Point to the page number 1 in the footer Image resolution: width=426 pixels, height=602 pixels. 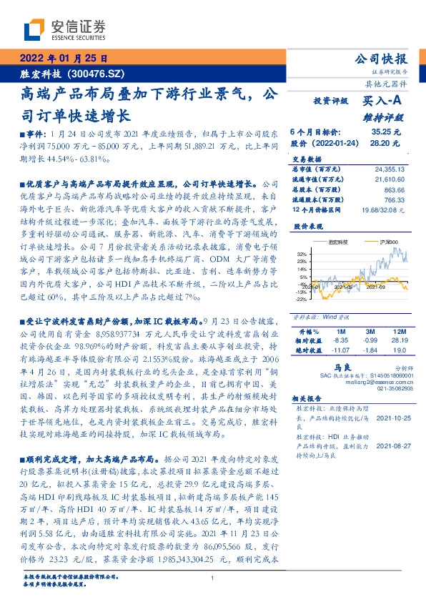tap(213, 578)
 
